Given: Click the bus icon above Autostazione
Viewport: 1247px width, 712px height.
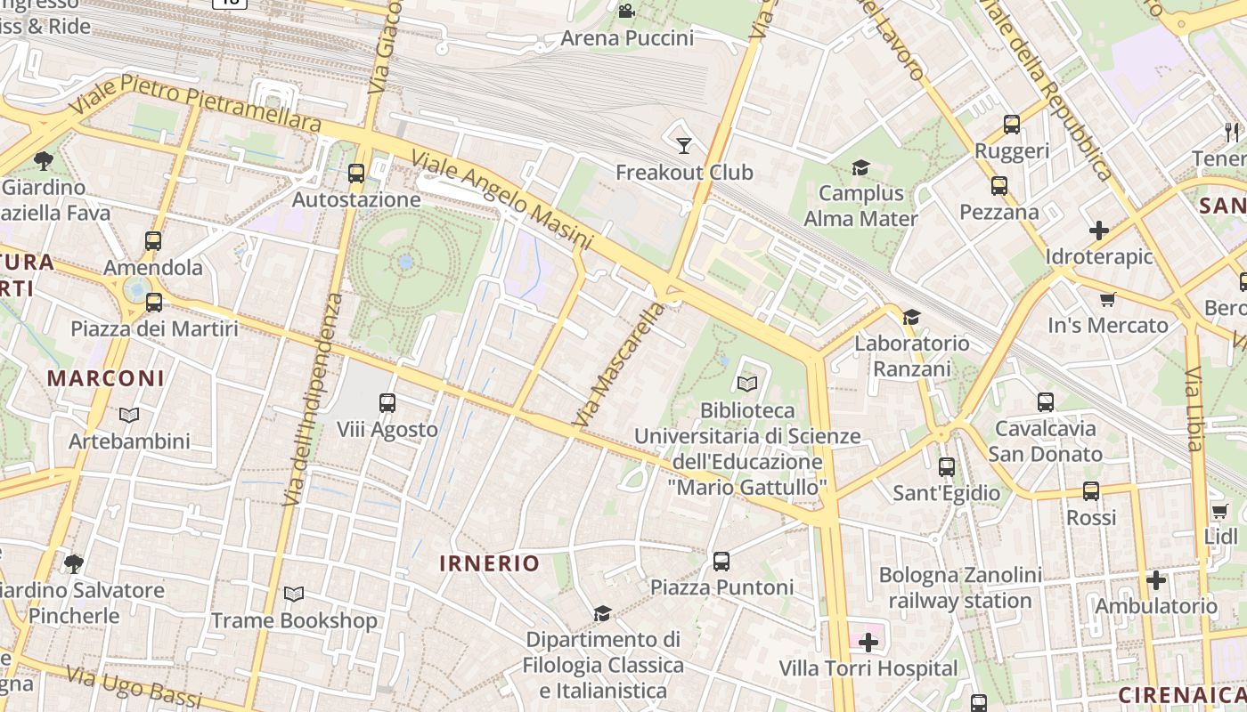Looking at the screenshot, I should click(x=356, y=174).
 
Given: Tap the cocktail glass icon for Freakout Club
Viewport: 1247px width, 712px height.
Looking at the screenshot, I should click(x=684, y=145).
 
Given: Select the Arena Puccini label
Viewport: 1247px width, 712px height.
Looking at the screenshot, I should click(x=627, y=38).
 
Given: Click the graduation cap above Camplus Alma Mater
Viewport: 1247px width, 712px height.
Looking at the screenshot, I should click(x=860, y=167).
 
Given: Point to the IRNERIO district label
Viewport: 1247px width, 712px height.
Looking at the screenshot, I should click(x=490, y=563).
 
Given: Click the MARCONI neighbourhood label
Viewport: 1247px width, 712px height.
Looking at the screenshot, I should click(x=106, y=378).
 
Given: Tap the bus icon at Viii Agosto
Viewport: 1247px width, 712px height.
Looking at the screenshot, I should click(x=387, y=403).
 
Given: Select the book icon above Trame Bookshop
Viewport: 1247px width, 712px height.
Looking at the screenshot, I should click(x=294, y=594).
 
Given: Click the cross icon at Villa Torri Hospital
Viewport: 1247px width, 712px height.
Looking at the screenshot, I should click(x=868, y=642).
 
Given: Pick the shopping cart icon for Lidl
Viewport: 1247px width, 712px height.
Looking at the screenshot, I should click(x=1220, y=511).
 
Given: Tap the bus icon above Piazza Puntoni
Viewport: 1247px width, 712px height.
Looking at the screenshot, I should click(x=721, y=562).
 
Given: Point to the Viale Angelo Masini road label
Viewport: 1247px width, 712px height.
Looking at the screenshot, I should click(x=501, y=200).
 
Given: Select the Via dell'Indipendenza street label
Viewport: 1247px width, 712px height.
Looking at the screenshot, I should click(x=312, y=400).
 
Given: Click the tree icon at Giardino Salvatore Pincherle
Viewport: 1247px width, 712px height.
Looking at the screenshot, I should click(x=74, y=563).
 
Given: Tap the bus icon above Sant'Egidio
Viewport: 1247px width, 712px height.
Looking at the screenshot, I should click(x=947, y=466).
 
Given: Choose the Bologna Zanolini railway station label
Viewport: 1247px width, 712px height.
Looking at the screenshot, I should click(x=960, y=587).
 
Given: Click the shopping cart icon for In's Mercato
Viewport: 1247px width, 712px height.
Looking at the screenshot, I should click(x=1108, y=299).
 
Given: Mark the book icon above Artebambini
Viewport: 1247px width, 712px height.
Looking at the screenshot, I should click(x=129, y=415).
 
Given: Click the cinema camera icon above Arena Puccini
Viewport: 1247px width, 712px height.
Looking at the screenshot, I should click(x=626, y=11).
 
